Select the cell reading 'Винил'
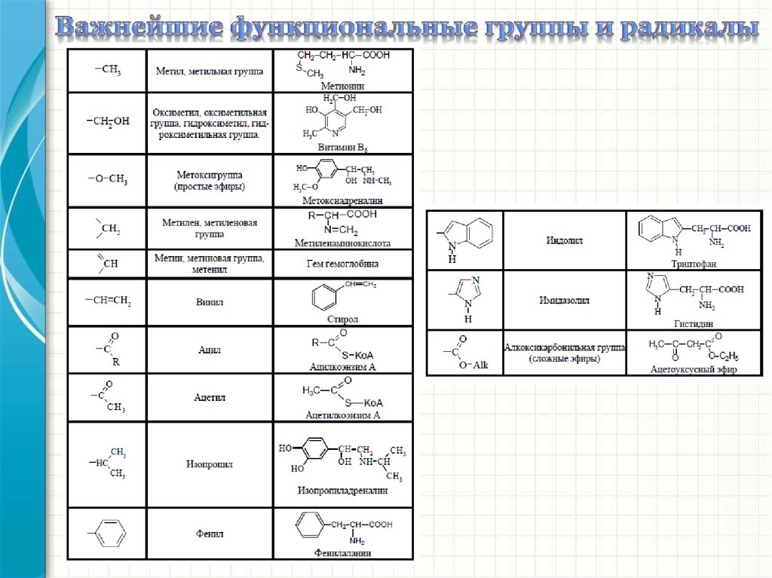pos(210,302)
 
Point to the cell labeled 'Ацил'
pos(210,350)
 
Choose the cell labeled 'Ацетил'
pos(210,396)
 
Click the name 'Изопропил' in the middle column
pos(210,464)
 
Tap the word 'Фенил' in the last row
pos(210,534)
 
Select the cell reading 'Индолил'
pos(564,240)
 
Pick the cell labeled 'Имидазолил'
pos(564,300)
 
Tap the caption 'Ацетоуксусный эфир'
pos(694,369)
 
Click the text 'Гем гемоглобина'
pos(342,264)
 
